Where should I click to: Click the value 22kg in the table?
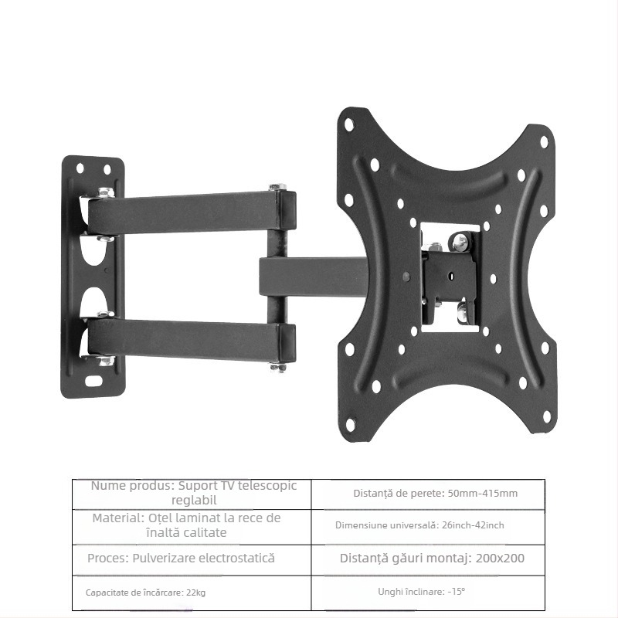[196, 593]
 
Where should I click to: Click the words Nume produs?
[131, 486]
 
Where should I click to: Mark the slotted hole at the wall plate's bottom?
[94, 381]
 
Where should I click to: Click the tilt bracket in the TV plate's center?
[450, 277]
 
